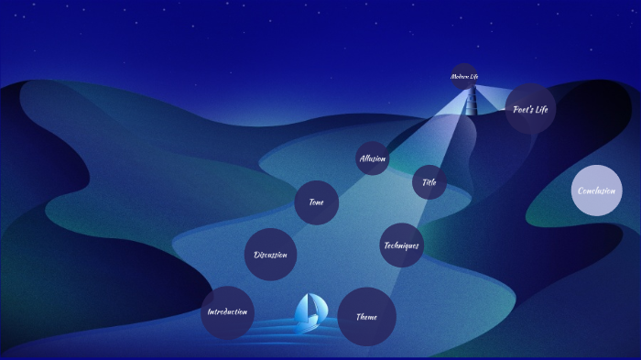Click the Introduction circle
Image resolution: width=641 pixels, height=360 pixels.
227,312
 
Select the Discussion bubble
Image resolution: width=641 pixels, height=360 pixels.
271,255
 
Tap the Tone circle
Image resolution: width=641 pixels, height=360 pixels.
317,202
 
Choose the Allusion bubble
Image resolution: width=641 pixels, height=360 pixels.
373,158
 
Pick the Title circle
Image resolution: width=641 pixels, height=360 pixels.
429,182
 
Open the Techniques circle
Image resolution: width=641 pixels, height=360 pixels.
401,245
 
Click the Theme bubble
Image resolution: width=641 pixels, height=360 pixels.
367,317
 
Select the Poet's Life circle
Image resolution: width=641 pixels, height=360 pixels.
530,109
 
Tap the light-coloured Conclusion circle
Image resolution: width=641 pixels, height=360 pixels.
597,191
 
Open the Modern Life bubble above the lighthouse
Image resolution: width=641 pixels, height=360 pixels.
465,76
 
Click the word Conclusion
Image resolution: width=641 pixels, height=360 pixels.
597,191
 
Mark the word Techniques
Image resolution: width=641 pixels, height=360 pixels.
401,245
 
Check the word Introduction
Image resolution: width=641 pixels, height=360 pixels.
227,312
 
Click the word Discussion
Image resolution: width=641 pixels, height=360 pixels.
271,255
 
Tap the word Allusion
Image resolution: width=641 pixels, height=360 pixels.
373,158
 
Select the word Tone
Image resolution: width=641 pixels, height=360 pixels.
317,202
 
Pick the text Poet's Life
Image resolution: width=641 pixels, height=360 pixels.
530,109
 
